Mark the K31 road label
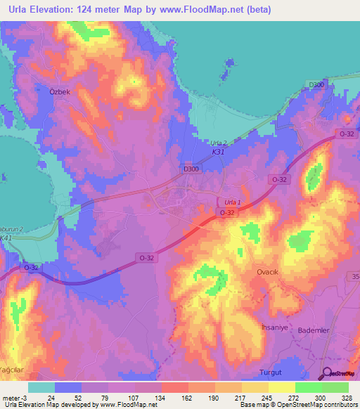pyautogui.click(x=219, y=151)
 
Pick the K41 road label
pyautogui.click(x=6, y=238)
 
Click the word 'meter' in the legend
pyautogui.click(x=10, y=397)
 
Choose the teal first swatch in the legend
pyautogui.click(x=41, y=387)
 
